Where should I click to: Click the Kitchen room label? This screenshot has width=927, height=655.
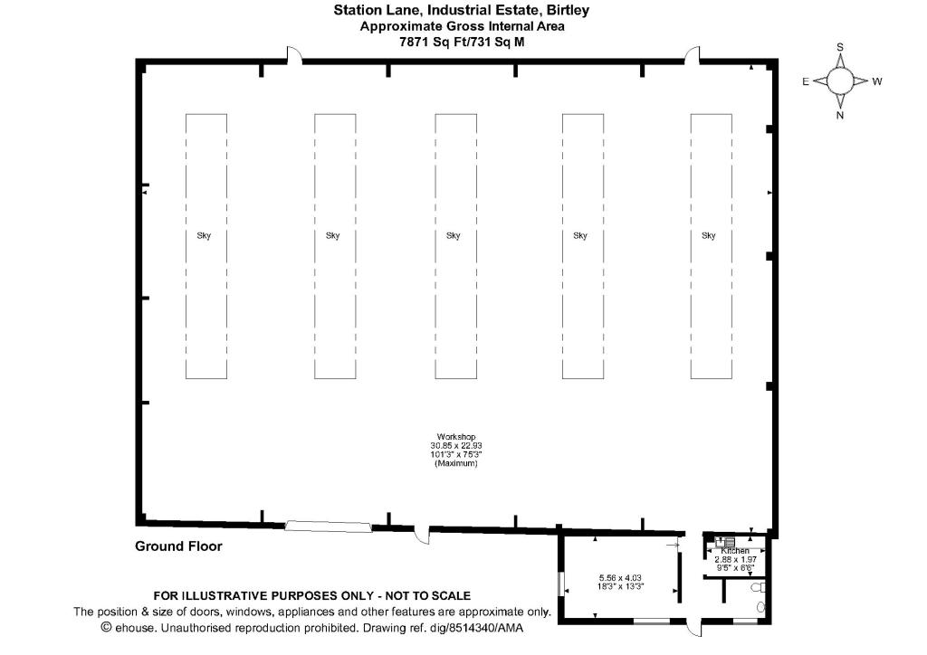coord(735,551)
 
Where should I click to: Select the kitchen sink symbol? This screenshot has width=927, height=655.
coord(723,542)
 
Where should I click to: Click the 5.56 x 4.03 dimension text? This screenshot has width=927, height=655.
coord(620,576)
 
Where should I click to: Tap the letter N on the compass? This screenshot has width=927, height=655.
coord(840,115)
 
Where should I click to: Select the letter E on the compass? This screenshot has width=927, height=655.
coord(805,81)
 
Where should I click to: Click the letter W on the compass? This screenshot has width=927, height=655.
coord(876,81)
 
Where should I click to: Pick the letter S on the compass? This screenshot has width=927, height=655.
coord(840,47)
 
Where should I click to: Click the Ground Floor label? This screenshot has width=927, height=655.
coord(178,546)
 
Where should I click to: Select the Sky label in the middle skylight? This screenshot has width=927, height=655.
coord(454,236)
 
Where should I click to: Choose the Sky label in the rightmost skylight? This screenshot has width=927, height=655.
coord(709,236)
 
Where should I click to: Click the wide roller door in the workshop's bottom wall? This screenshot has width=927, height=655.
coord(328,526)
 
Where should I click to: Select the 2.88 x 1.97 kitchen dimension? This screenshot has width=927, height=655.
coord(735,560)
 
